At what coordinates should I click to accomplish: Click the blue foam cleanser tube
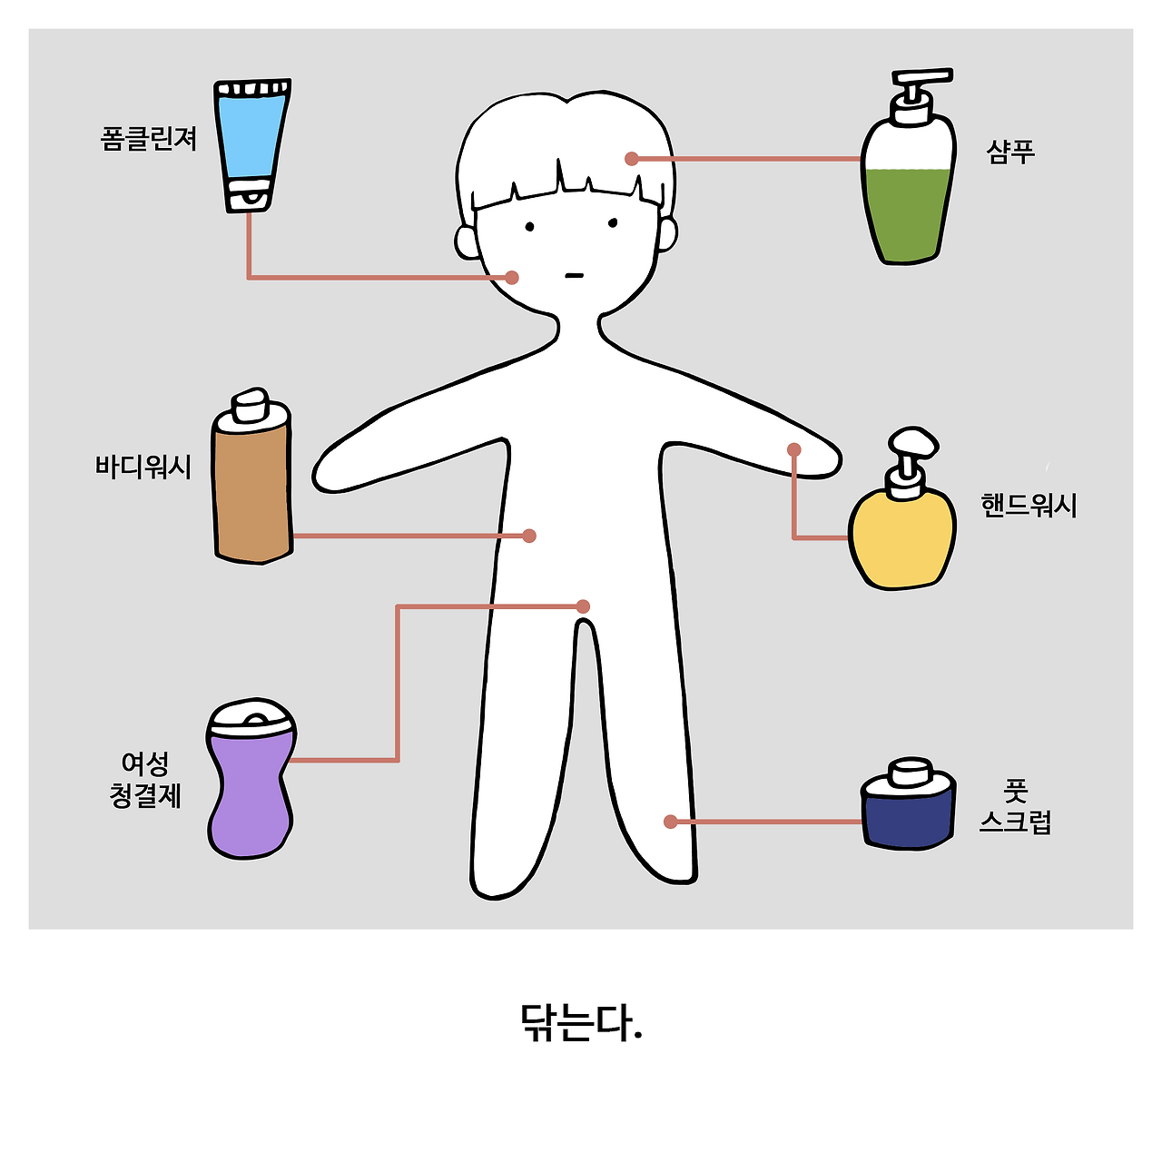pyautogui.click(x=252, y=145)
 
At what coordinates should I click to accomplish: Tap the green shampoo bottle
pyautogui.click(x=908, y=181)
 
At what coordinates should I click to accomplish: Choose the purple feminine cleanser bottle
pyautogui.click(x=251, y=779)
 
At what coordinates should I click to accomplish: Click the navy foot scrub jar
pyautogui.click(x=908, y=805)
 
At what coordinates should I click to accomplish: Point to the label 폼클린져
pyautogui.click(x=148, y=138)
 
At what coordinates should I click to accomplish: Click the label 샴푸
pyautogui.click(x=1010, y=152)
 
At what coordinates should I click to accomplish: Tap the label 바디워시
pyautogui.click(x=143, y=467)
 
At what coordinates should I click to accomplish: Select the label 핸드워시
pyautogui.click(x=1029, y=506)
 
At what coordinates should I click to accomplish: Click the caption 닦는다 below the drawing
pyautogui.click(x=581, y=1023)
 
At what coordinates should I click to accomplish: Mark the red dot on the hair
pyautogui.click(x=631, y=159)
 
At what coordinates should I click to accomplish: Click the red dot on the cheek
pyautogui.click(x=512, y=278)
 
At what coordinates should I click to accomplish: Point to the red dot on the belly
pyautogui.click(x=529, y=536)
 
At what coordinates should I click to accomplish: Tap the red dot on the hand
pyautogui.click(x=794, y=449)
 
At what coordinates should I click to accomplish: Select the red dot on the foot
pyautogui.click(x=671, y=822)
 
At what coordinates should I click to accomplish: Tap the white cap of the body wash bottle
pyautogui.click(x=250, y=405)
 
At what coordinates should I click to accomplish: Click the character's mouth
pyautogui.click(x=575, y=276)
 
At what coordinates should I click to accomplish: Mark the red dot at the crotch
pyautogui.click(x=583, y=606)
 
